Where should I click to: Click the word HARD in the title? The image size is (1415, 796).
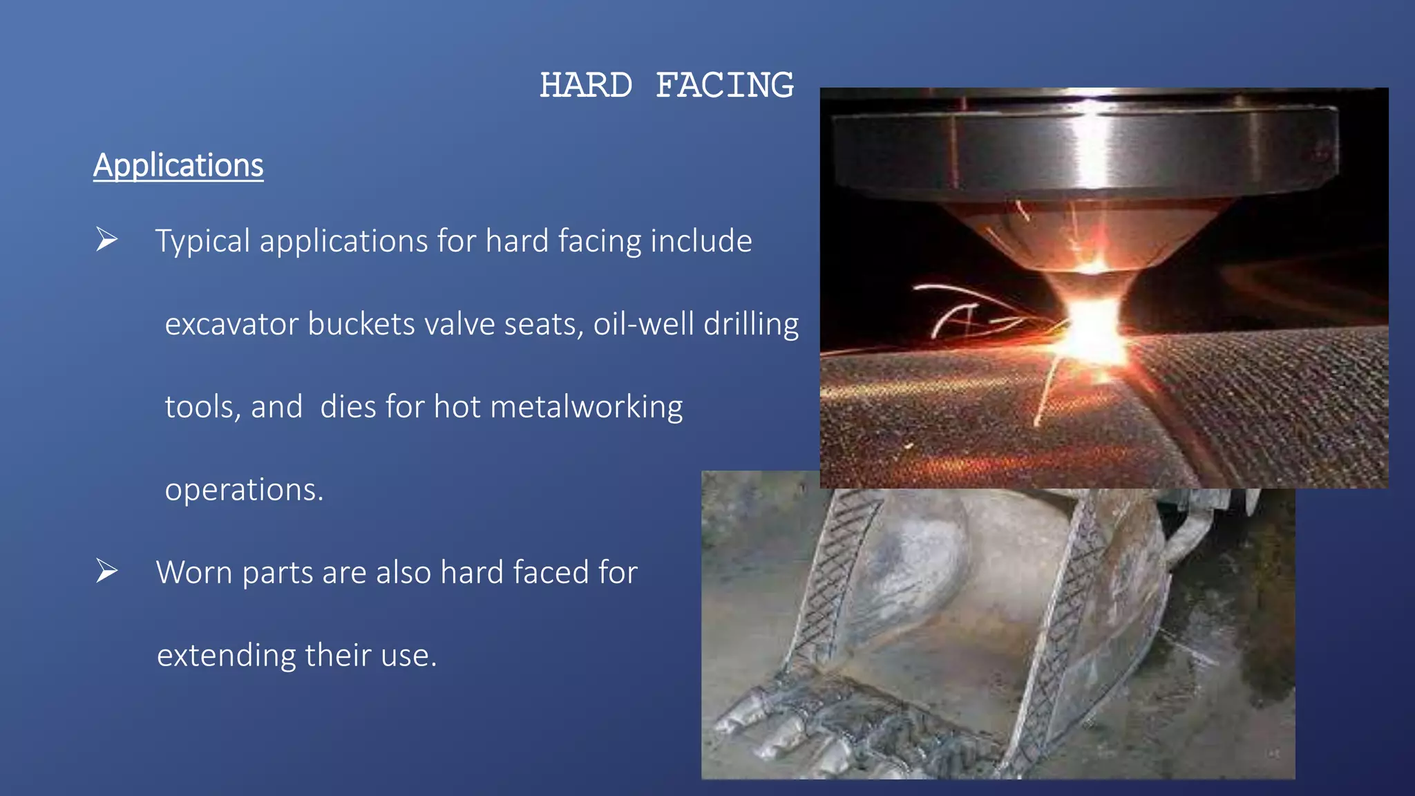click(586, 86)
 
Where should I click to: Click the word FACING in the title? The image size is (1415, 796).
click(725, 86)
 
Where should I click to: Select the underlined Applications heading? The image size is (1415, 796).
click(178, 166)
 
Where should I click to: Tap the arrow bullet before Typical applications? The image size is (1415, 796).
click(106, 240)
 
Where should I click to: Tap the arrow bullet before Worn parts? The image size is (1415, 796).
click(106, 571)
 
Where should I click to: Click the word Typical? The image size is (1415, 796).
click(202, 242)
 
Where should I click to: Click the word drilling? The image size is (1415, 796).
click(751, 324)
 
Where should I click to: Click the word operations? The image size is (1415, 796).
click(243, 490)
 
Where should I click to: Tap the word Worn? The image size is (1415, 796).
click(194, 573)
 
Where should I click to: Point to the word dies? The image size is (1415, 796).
click(348, 407)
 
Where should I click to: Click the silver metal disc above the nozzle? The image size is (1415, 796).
click(1085, 149)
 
